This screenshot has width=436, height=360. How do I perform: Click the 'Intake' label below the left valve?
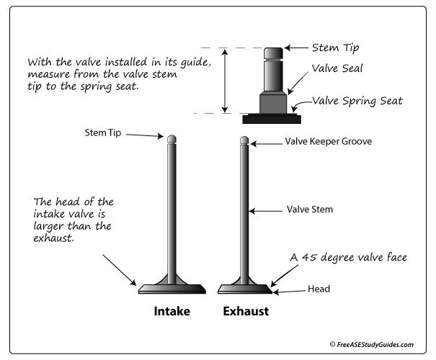tap(171, 312)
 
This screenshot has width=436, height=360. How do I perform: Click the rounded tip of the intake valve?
tap(172, 138)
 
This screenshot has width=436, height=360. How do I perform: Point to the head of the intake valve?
tap(172, 289)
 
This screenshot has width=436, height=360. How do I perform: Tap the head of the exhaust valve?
tap(245, 289)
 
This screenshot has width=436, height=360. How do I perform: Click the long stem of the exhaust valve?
tap(245, 209)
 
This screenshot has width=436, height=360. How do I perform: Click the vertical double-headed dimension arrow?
tap(226, 80)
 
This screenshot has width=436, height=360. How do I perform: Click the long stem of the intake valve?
tap(172, 209)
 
